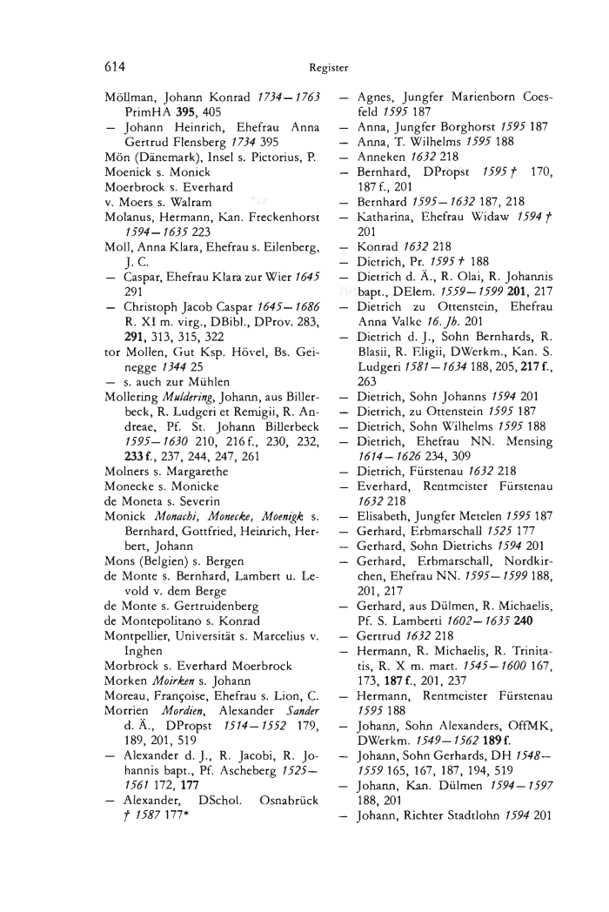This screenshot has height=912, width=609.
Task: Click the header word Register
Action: tap(328, 65)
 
